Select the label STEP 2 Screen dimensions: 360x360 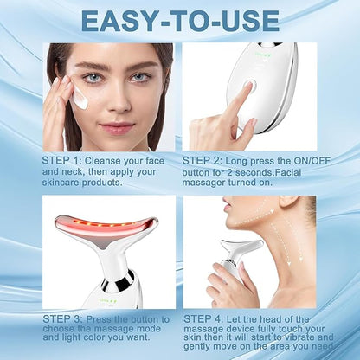[x=201, y=161]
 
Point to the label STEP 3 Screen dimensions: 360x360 [x=61, y=319]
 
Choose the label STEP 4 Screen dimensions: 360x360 [x=202, y=319]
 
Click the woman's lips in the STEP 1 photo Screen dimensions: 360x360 [x=117, y=127]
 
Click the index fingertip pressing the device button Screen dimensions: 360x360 [x=248, y=86]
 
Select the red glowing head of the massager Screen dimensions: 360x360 [x=106, y=227]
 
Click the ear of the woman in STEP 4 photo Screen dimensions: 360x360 [x=292, y=203]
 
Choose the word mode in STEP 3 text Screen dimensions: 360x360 [x=147, y=329]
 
